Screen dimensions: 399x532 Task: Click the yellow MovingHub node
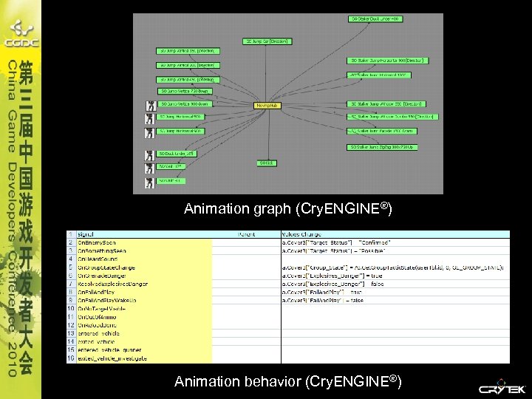click(267, 106)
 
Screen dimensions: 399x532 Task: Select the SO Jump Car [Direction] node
click(267, 41)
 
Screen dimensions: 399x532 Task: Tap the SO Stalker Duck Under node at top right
click(375, 18)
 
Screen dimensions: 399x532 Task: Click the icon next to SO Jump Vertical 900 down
click(150, 105)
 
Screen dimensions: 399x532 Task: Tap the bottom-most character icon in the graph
click(150, 180)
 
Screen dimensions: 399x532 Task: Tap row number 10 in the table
click(71, 307)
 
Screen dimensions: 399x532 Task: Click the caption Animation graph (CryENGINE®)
click(287, 209)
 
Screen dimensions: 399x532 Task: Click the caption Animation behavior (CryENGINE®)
click(287, 382)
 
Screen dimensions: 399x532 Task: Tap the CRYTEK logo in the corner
click(503, 388)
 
